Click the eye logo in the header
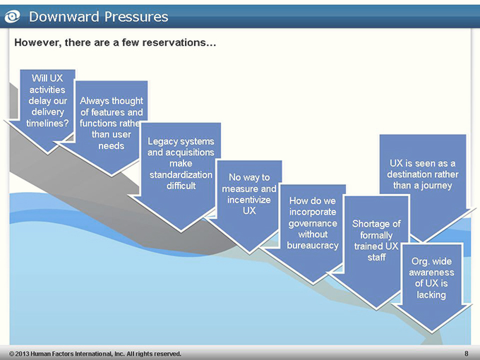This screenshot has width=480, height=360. click(x=12, y=16)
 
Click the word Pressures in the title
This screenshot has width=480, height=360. click(x=136, y=16)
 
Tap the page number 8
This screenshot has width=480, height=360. click(x=466, y=354)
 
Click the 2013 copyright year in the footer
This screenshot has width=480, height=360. click(x=22, y=354)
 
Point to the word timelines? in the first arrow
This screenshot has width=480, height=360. click(x=47, y=123)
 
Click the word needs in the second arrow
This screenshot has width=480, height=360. click(x=111, y=145)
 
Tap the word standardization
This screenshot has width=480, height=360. click(x=181, y=175)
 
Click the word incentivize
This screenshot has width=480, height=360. click(x=249, y=200)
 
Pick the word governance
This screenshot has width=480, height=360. click(x=313, y=223)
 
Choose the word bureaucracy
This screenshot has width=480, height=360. click(x=313, y=246)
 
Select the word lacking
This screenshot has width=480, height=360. click(x=431, y=295)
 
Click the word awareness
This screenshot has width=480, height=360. click(x=431, y=272)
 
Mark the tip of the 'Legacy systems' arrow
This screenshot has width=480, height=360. click(x=181, y=232)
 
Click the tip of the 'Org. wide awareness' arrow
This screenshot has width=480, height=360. click(x=431, y=332)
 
